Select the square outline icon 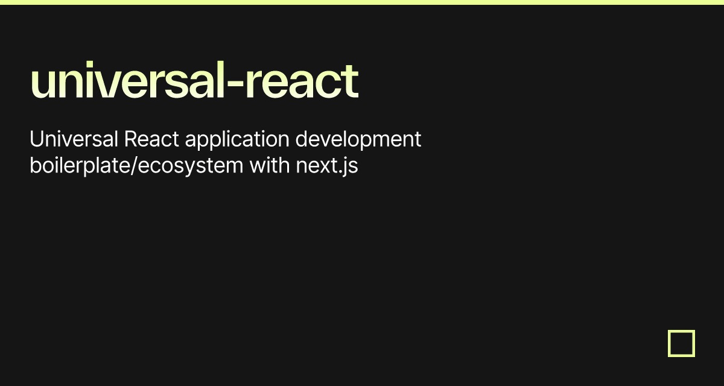point(681,343)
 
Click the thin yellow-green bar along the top point(362,2)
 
